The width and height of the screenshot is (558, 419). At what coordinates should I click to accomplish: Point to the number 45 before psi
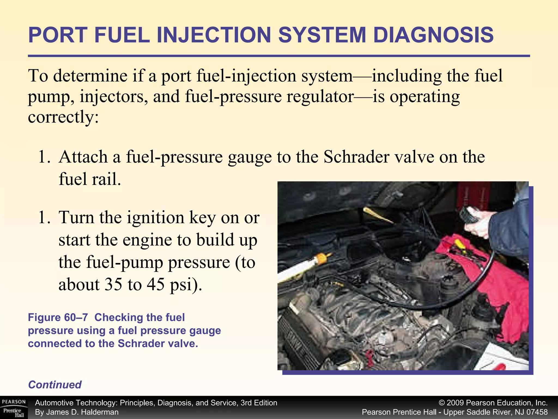(156, 284)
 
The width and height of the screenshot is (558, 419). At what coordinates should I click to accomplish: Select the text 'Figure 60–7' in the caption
(58, 318)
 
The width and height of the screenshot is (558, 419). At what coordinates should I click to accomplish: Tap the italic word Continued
(55, 385)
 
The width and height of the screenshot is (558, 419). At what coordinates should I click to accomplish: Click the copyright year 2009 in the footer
(456, 403)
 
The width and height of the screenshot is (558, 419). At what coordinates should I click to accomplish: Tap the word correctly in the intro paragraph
(60, 117)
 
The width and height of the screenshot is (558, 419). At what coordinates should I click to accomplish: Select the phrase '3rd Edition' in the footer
(259, 403)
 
